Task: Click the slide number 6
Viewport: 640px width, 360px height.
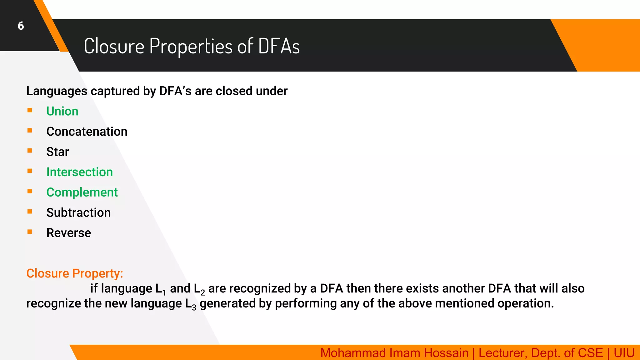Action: [x=21, y=26]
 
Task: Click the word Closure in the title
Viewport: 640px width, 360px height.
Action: [x=114, y=46]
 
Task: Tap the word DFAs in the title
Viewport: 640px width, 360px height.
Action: [x=279, y=46]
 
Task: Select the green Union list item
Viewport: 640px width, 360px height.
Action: [x=62, y=111]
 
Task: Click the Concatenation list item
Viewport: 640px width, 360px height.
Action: [x=87, y=132]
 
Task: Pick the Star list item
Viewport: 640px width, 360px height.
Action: [x=57, y=152]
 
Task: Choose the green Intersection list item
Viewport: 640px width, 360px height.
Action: [x=79, y=172]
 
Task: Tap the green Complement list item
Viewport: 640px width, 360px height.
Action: [x=82, y=192]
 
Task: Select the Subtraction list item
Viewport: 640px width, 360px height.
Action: [x=78, y=213]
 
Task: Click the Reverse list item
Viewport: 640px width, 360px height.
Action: [x=69, y=233]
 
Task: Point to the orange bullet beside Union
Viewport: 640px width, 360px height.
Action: [x=30, y=110]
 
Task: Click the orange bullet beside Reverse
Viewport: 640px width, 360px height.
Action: [x=30, y=232]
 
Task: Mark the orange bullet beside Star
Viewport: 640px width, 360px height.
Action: [x=30, y=151]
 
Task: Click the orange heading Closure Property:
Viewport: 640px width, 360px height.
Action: [x=75, y=273]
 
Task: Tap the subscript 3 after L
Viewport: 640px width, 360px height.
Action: [x=194, y=308]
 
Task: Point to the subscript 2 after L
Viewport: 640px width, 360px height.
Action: [x=203, y=293]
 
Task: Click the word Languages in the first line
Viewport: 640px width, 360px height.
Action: [x=57, y=91]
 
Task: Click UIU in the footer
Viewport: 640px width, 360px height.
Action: [x=624, y=353]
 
